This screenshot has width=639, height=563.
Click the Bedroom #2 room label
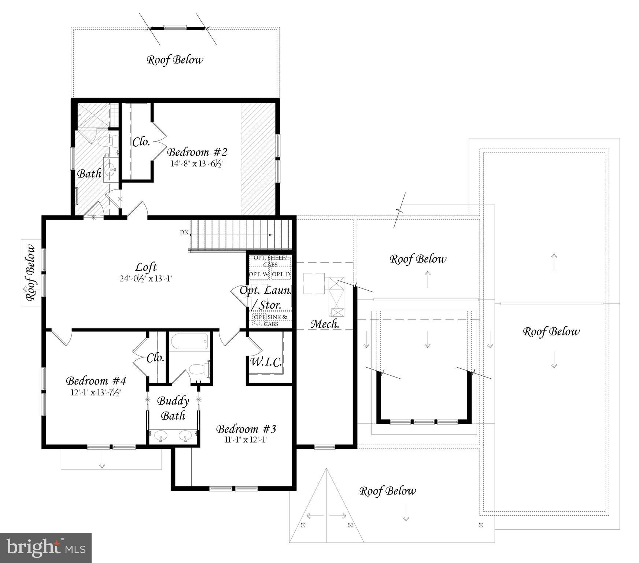[197, 152]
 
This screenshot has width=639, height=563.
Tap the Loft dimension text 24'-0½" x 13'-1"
[146, 279]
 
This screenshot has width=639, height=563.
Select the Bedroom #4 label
[96, 381]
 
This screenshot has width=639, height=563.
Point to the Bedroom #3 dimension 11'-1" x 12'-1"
[246, 439]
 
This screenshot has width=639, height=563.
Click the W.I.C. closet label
[266, 362]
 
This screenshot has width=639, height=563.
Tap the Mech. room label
[325, 324]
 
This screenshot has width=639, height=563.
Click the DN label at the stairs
[184, 232]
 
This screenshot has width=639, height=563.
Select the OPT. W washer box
[259, 274]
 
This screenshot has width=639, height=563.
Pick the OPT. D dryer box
[281, 274]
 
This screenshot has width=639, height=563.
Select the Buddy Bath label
[173, 408]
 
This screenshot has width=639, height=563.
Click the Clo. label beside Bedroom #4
[155, 358]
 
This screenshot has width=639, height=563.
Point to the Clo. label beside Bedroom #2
[141, 142]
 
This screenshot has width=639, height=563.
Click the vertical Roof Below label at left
[31, 273]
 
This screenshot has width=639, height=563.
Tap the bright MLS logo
[45, 548]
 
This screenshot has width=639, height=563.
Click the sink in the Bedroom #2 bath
[110, 169]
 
